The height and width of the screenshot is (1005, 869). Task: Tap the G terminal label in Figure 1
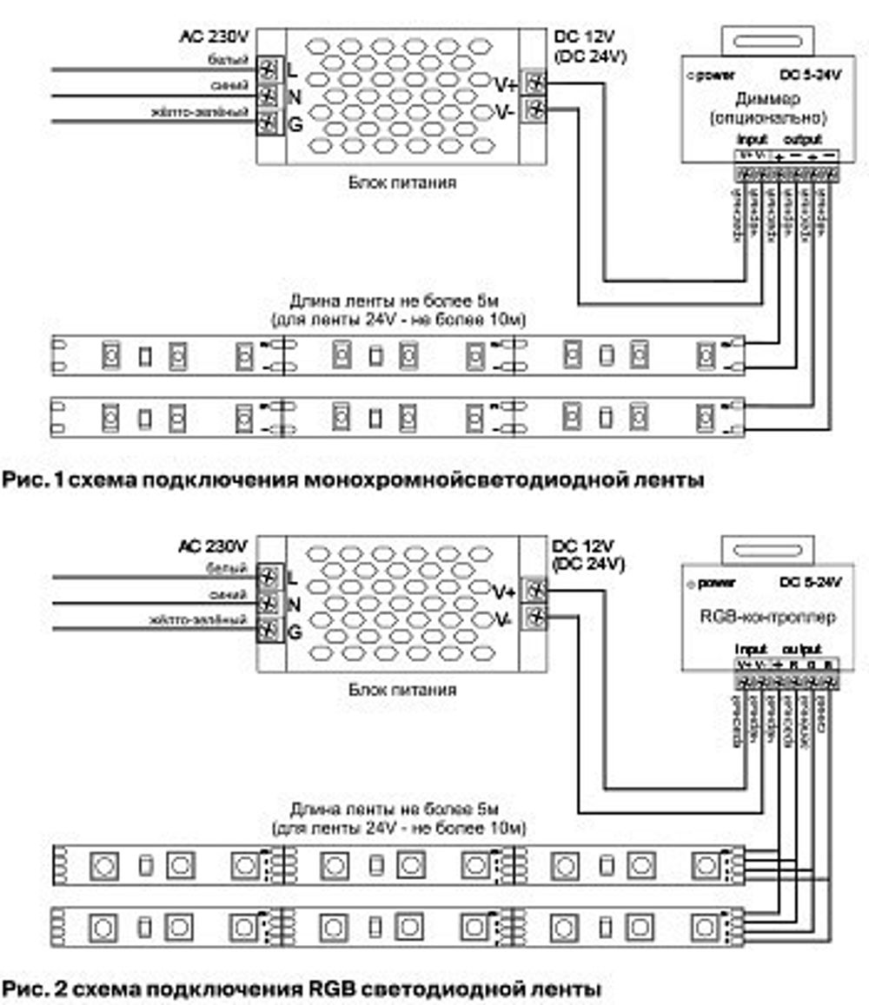point(295,124)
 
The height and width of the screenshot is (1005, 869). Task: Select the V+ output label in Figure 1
point(506,84)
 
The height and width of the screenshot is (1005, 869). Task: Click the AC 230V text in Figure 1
point(214,36)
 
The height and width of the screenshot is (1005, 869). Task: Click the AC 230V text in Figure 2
point(214,546)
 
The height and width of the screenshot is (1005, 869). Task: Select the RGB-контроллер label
point(767,618)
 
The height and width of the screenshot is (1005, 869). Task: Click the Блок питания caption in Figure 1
point(402,183)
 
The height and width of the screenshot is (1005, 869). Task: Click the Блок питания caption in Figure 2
point(402,691)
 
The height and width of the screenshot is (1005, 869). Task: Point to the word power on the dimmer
point(718,76)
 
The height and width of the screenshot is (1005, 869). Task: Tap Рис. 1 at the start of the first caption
point(30,479)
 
